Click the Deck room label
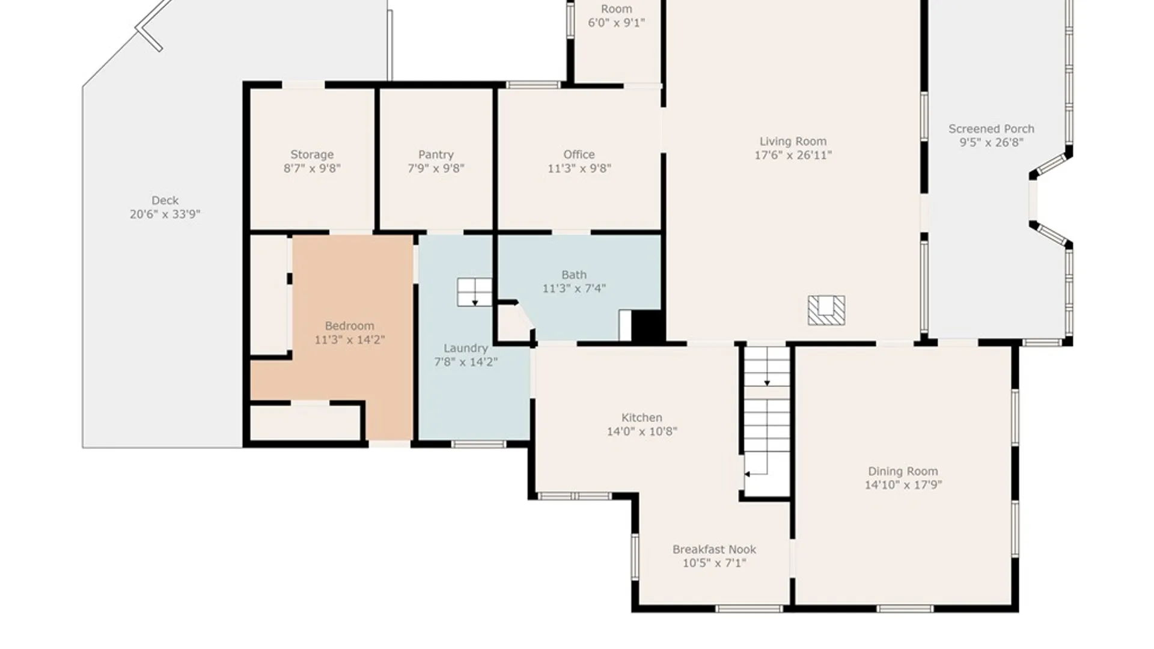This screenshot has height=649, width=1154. (165, 200)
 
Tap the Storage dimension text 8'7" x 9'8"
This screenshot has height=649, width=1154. (312, 168)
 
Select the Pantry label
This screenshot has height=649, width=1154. (436, 154)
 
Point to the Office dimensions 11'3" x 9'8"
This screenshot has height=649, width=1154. (579, 168)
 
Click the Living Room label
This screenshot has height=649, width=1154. (793, 141)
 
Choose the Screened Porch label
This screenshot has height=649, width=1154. (991, 129)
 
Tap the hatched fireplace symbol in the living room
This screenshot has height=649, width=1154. (826, 310)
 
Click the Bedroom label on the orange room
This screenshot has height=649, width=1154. (349, 326)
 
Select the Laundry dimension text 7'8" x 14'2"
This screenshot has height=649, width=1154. (466, 362)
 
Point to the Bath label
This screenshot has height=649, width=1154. (574, 275)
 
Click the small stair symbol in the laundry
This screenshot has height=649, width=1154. (474, 292)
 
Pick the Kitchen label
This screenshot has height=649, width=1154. (642, 417)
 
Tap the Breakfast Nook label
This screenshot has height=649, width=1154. (714, 549)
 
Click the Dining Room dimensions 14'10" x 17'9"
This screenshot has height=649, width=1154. (903, 485)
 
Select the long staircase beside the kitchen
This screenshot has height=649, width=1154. (767, 421)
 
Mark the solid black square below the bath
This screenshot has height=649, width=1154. (647, 326)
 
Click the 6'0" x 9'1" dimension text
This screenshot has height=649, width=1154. (616, 23)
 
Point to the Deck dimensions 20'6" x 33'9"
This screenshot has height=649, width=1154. (165, 214)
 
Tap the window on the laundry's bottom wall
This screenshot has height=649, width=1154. (478, 444)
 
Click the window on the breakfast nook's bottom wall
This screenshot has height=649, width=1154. (749, 609)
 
